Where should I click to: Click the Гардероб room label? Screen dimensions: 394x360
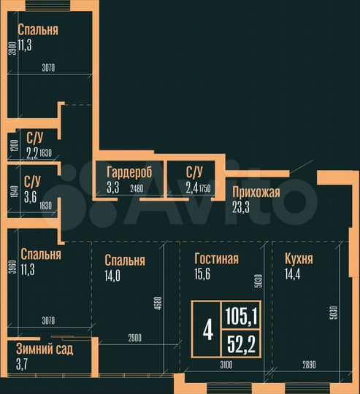[x=129, y=173]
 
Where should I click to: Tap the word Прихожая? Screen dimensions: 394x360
[x=256, y=193]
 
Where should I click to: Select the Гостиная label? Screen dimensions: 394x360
[x=217, y=259]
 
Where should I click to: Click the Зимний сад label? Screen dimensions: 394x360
[x=45, y=349]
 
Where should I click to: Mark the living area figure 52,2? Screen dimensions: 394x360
[x=240, y=342]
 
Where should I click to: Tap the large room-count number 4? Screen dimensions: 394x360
[x=207, y=330]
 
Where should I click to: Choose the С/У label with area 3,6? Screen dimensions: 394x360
[x=32, y=180]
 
